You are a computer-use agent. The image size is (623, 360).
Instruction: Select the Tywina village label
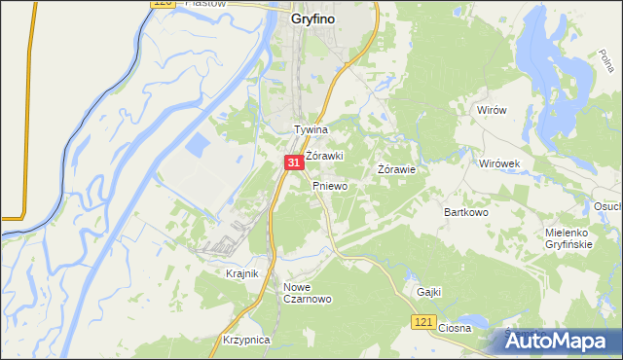(x=311, y=129)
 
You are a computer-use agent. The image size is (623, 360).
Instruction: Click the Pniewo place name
(x=330, y=185)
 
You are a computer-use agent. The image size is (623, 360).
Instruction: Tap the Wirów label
(x=493, y=111)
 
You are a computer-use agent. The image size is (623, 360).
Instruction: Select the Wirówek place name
(x=501, y=163)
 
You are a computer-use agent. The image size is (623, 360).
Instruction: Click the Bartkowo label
(x=464, y=211)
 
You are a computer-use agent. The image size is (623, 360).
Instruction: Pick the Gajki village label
(x=429, y=291)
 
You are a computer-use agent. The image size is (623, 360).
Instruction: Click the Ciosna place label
(x=455, y=328)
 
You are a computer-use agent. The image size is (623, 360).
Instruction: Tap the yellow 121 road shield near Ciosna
(x=421, y=321)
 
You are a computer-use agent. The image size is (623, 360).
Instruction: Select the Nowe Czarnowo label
(x=308, y=293)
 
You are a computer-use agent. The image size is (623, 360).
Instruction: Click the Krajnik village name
(x=241, y=273)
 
